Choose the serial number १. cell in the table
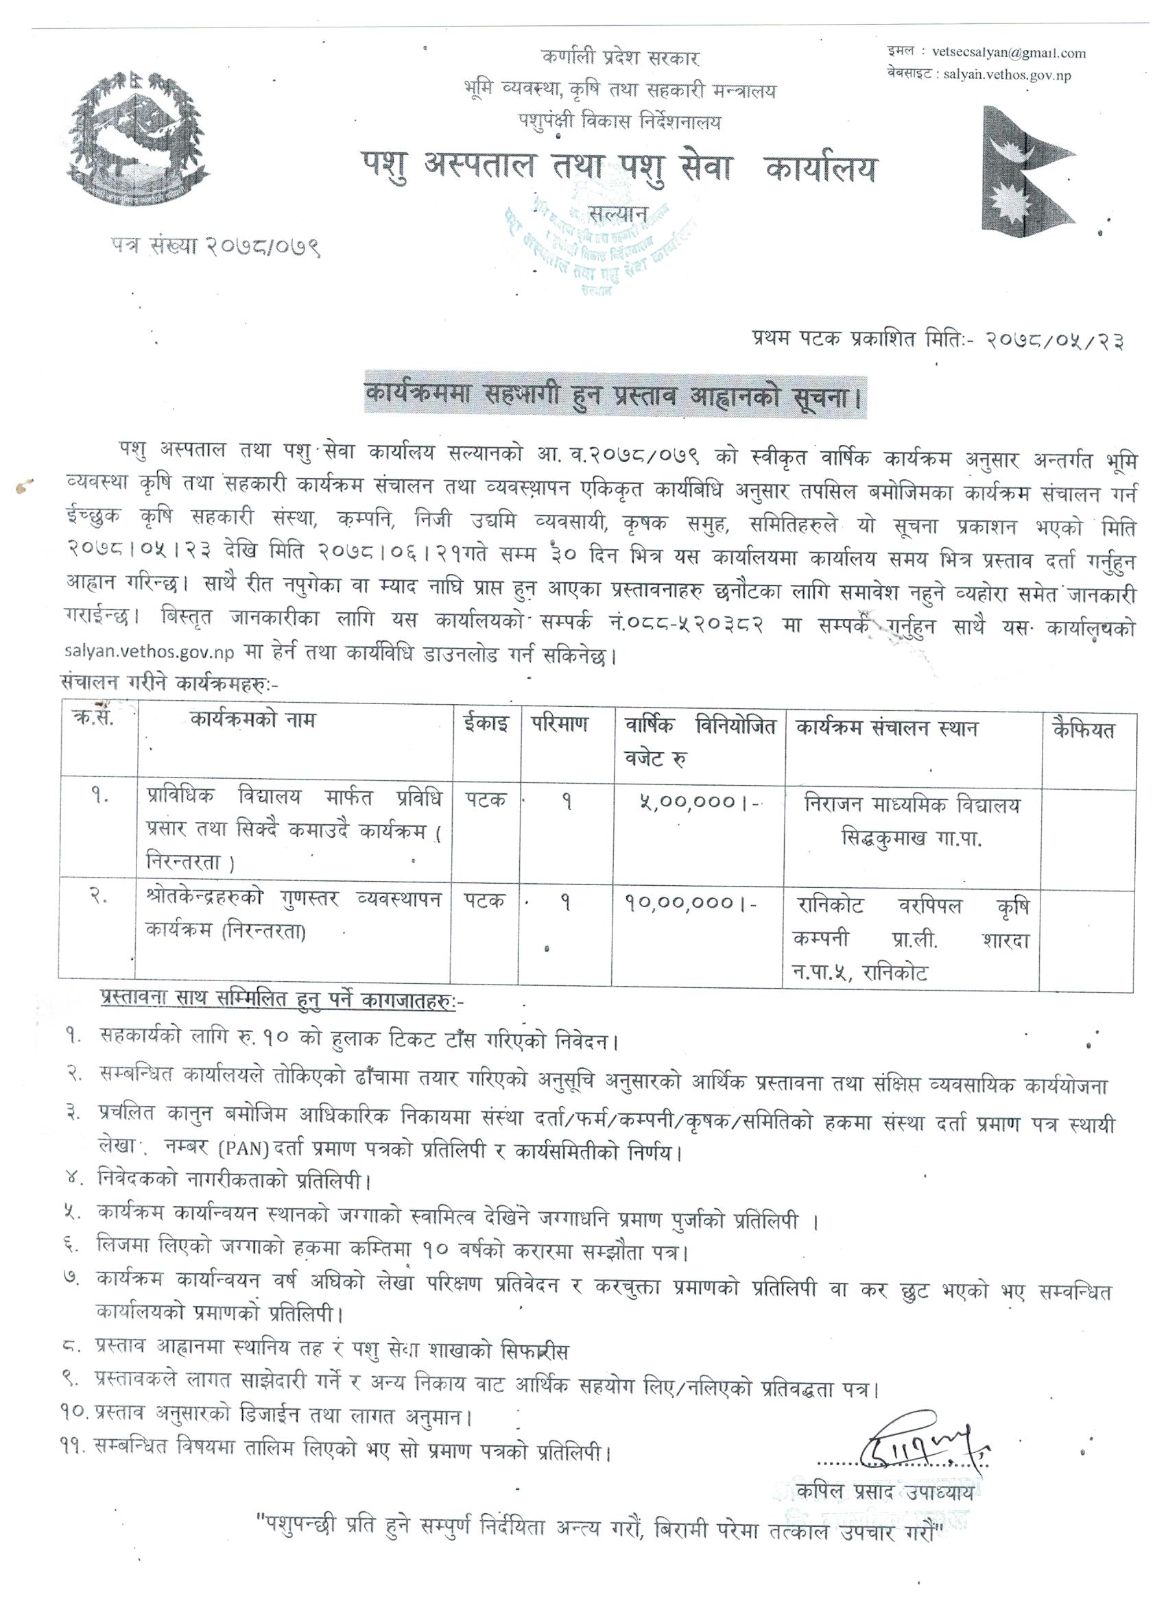tap(98, 804)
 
